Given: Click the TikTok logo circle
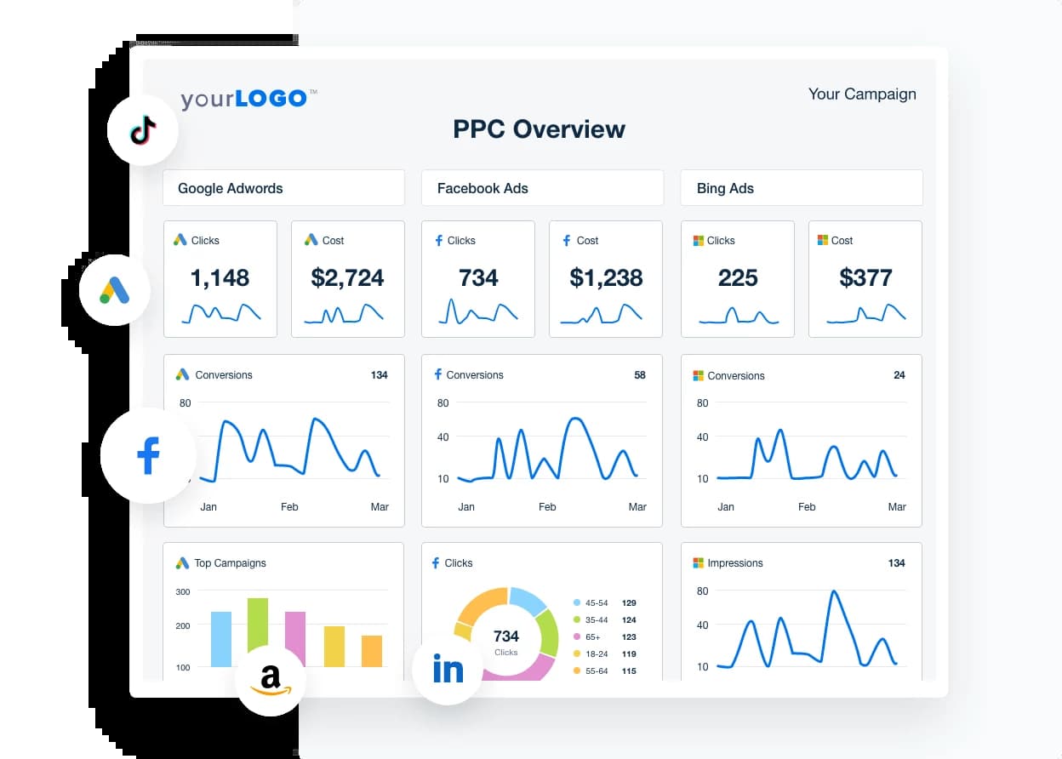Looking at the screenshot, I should click(142, 130).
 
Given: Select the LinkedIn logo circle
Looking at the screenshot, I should click(448, 670).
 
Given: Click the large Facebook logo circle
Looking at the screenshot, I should click(148, 456).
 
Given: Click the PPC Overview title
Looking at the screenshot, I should click(539, 129).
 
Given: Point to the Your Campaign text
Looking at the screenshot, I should click(861, 94).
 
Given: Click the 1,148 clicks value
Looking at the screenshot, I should click(220, 277).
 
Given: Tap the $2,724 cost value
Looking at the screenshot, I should click(347, 277).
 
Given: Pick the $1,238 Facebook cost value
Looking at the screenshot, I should click(605, 277).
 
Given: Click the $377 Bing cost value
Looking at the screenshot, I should click(865, 277).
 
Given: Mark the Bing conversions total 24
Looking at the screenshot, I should click(899, 375).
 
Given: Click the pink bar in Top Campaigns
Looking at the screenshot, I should click(295, 639).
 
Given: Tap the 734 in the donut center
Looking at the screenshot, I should click(505, 636).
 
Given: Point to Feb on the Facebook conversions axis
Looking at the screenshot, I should click(547, 506).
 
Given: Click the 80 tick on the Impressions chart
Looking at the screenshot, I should click(702, 591).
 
